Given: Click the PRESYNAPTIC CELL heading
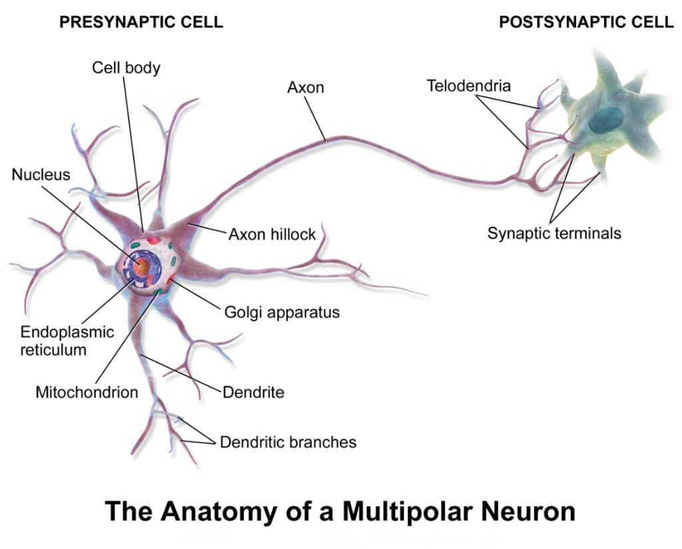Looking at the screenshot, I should click(x=141, y=23).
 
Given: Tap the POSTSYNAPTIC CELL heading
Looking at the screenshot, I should click(x=586, y=23).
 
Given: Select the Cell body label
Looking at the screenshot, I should click(x=126, y=68).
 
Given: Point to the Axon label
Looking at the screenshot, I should click(x=306, y=87).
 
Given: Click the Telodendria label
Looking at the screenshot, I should click(x=469, y=86).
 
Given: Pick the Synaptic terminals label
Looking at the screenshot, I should click(x=554, y=233).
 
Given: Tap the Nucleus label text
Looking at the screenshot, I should click(x=41, y=175).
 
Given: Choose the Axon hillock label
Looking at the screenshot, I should click(x=272, y=235).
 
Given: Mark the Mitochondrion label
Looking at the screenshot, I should click(x=87, y=392).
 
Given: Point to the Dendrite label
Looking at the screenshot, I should click(x=253, y=392).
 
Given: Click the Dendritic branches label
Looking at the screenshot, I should click(x=288, y=442).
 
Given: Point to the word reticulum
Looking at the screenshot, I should click(x=53, y=349).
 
